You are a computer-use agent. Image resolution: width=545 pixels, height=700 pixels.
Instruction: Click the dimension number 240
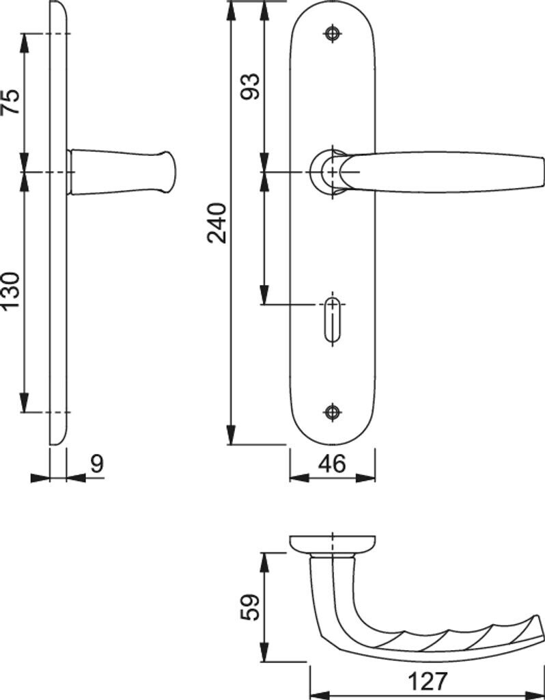[x=217, y=223]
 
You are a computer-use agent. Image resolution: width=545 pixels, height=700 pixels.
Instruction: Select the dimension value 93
[x=250, y=86]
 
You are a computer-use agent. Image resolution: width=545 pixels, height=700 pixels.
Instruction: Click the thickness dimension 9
[x=97, y=464]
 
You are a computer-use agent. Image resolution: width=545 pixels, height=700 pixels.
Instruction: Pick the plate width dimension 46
[x=332, y=464]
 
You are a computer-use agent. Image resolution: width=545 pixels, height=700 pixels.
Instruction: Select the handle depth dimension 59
[x=250, y=607]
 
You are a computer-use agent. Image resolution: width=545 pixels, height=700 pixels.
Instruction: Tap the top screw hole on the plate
[x=332, y=33]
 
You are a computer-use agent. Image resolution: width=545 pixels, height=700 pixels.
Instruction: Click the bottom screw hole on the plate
[x=332, y=412]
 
